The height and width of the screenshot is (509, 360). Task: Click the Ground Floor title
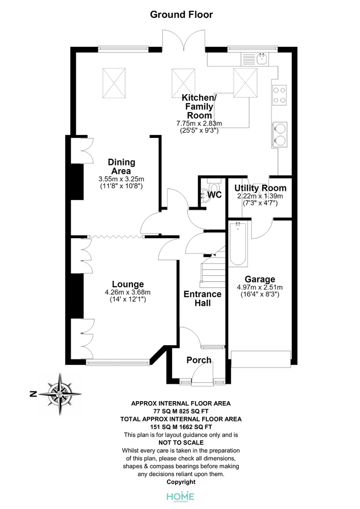point(181,15)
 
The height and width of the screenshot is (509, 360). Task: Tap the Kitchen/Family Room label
point(199,106)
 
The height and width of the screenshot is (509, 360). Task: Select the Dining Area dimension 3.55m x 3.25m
point(121,179)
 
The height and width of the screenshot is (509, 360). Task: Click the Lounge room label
point(128,285)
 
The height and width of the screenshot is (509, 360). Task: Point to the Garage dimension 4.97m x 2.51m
point(260,287)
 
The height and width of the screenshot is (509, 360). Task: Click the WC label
point(214,194)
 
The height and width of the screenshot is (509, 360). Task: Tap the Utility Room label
point(260,188)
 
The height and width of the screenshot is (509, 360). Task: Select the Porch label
point(199,360)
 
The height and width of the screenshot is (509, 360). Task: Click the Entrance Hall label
point(203,299)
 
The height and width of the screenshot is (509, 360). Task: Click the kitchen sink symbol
point(255,59)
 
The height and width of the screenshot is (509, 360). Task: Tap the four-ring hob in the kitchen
point(280,95)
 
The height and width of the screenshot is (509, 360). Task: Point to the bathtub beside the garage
point(238,244)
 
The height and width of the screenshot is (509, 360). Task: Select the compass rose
point(60,394)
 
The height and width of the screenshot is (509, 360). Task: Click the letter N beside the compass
point(33,394)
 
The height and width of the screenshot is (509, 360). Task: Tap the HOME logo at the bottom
point(180,497)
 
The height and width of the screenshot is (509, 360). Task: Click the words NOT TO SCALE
point(181,443)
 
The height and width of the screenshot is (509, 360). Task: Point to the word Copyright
point(181,482)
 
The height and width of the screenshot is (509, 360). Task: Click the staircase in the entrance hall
point(213,267)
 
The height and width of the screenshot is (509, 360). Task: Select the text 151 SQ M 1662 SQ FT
point(181,427)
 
